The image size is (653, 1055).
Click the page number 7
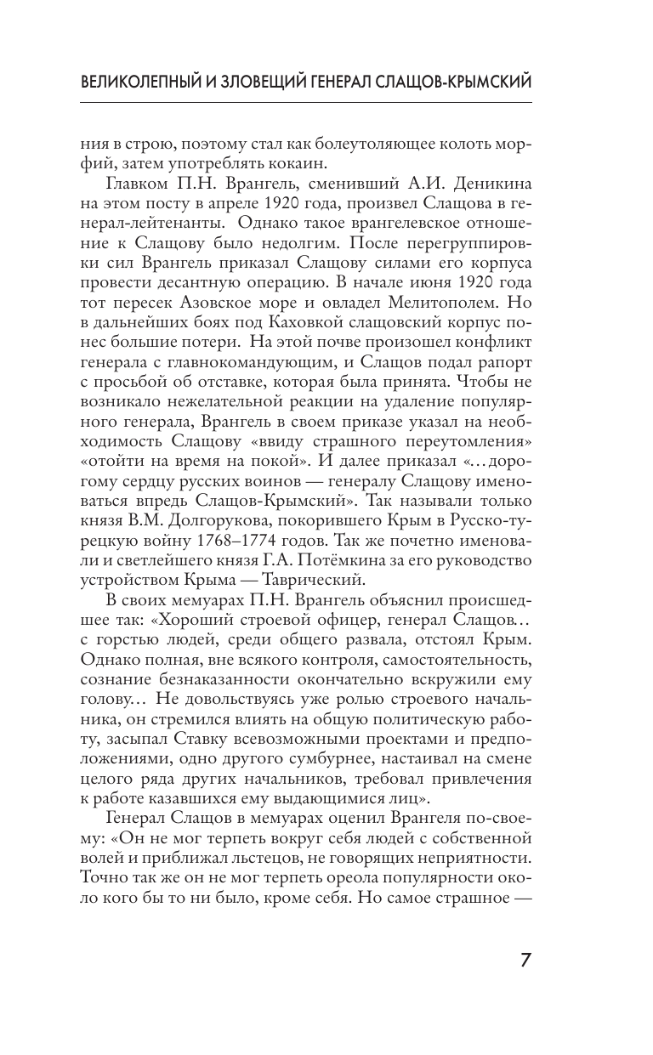pyautogui.click(x=525, y=961)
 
